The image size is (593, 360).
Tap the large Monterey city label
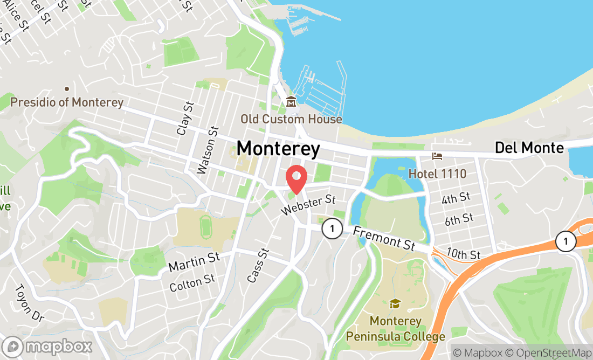tap(278, 148)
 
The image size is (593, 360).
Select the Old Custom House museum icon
tap(291, 101)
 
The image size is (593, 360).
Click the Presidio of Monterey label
tap(67, 102)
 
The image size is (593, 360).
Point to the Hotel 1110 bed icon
tap(437, 156)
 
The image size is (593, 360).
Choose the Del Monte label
tap(529, 148)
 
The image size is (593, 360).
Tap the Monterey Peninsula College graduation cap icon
tap(395, 303)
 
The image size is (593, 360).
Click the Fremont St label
tap(384, 238)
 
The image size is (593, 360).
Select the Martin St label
tap(194, 262)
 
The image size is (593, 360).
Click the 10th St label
tap(463, 253)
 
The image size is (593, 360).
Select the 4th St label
tap(456, 199)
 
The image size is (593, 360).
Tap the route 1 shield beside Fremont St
tap(332, 229)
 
